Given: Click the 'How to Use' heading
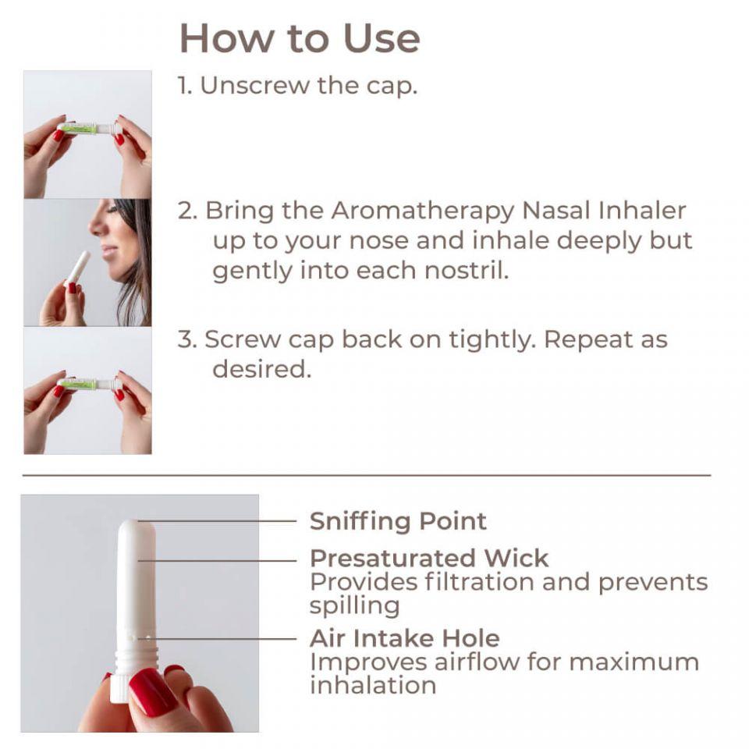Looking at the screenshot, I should [300, 37].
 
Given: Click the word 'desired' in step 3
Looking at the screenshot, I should [261, 369].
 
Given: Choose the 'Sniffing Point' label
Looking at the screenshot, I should [398, 521].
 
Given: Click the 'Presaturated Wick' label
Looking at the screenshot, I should [429, 559].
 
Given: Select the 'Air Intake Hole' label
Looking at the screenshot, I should [404, 638].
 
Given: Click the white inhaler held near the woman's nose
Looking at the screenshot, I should [78, 267].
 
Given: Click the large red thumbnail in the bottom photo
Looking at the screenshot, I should [153, 691].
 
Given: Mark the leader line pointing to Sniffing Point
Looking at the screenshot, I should [218, 520].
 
